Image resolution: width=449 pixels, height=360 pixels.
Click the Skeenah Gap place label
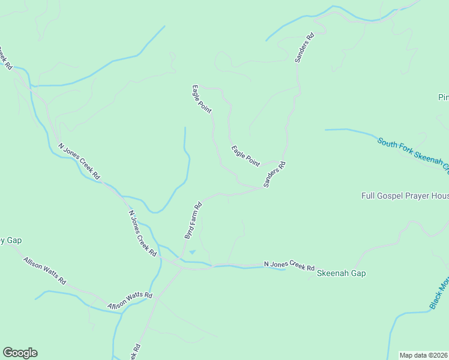(341, 273)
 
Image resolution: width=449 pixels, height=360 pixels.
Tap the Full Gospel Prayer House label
(405, 196)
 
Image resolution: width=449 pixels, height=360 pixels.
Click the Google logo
(20, 353)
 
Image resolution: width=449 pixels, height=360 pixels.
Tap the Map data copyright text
(424, 355)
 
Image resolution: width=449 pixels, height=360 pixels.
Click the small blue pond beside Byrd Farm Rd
(192, 252)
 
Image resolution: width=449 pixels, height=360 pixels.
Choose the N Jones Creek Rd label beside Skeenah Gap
(289, 266)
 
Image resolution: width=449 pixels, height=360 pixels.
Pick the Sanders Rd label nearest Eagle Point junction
(274, 175)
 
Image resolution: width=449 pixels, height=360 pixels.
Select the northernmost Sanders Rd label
(304, 49)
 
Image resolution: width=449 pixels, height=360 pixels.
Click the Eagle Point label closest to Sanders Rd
(246, 155)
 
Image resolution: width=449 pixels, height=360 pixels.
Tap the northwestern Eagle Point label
(202, 100)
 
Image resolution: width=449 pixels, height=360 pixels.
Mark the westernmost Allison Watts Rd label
(44, 271)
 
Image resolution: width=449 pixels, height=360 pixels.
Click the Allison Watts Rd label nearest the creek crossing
(130, 301)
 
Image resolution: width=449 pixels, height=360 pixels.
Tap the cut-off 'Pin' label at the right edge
(443, 97)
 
